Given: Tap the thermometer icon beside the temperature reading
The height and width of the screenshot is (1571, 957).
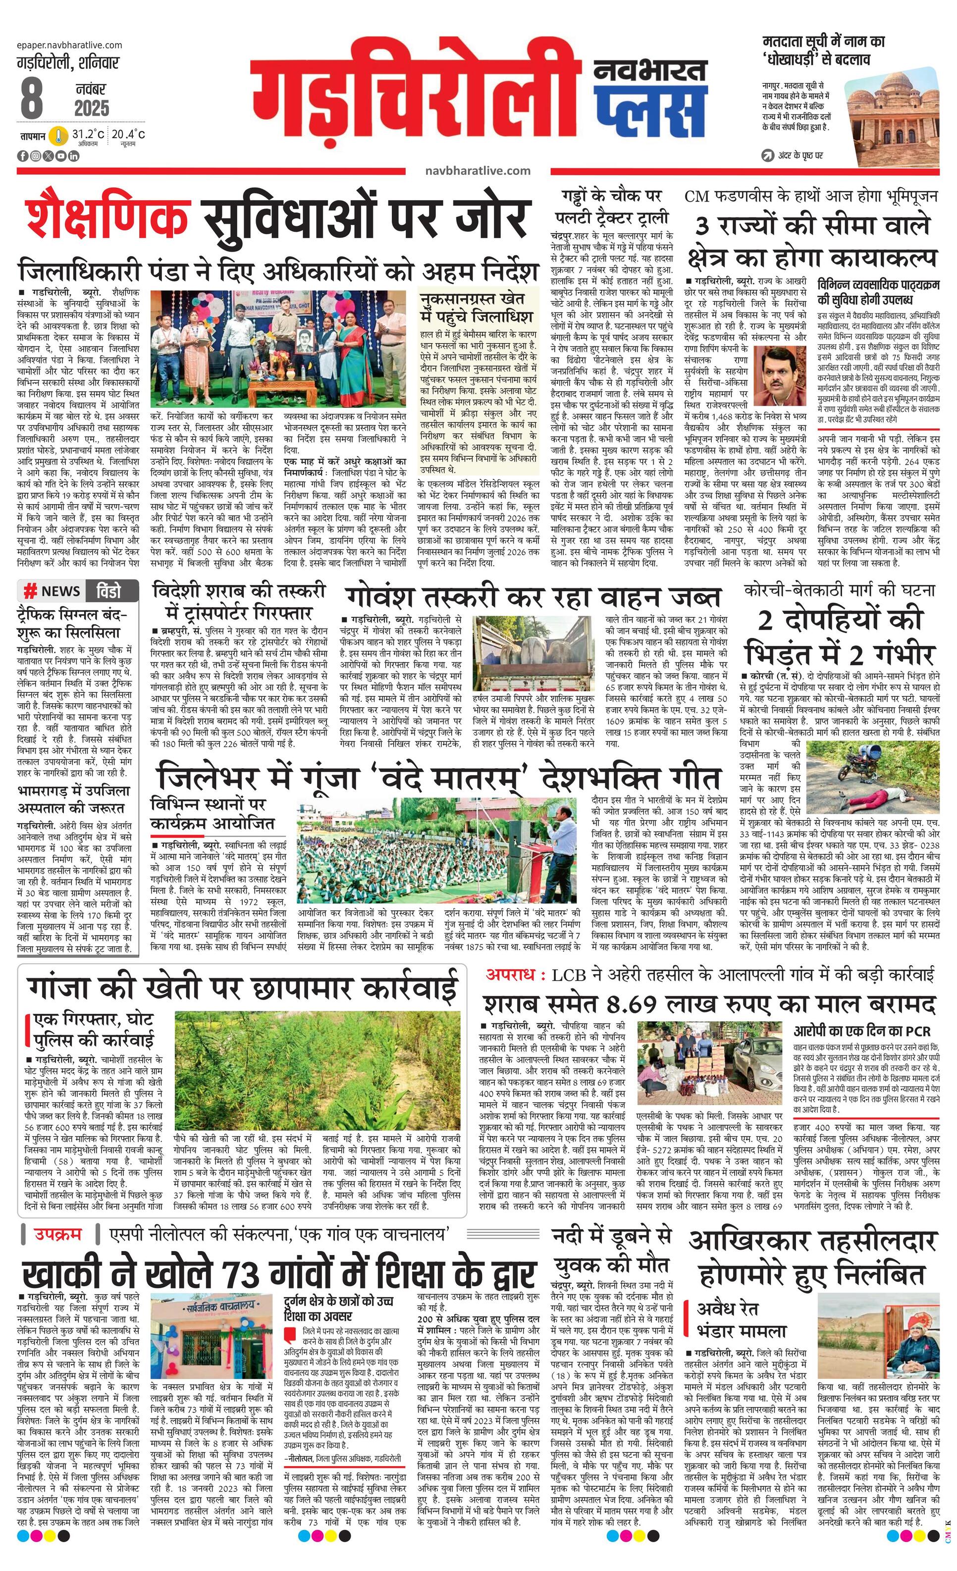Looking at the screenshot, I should click(59, 136).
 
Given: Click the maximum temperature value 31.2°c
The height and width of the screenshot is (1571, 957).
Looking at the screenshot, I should click(88, 134).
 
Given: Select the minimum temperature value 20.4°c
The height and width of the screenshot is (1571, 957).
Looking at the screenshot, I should click(128, 134).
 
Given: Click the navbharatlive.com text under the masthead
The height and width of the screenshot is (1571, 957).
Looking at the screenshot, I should click(478, 171).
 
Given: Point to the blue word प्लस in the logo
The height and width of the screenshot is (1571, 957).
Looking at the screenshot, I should click(650, 105).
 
